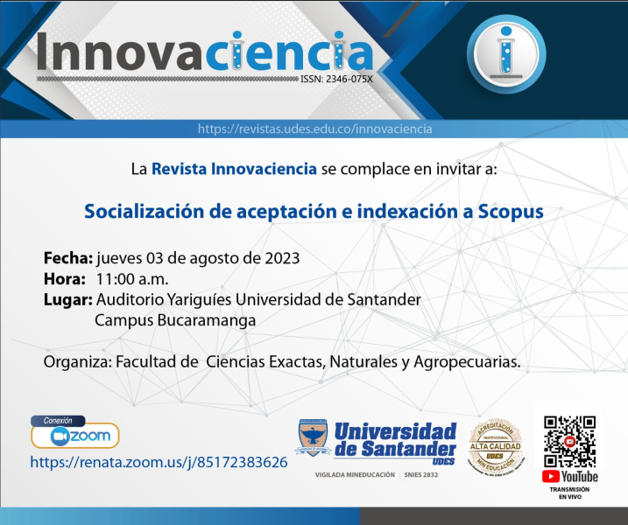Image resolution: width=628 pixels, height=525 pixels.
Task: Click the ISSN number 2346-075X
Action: (335, 78)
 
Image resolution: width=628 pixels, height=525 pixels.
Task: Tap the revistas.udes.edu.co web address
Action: (314, 129)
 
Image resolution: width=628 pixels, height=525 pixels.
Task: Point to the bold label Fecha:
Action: (68, 258)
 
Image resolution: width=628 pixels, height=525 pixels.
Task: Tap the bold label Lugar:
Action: (68, 300)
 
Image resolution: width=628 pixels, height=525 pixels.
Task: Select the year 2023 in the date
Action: (282, 258)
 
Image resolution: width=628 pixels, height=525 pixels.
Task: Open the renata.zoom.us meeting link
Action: (159, 461)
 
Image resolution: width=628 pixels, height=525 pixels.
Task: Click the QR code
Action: (569, 439)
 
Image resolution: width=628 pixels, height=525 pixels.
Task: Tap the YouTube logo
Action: (569, 477)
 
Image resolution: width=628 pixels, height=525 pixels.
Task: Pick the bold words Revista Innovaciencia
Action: (234, 169)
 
